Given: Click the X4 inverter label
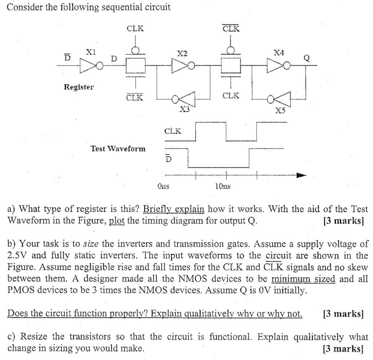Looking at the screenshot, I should (279, 53).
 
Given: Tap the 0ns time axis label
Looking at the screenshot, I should (164, 186).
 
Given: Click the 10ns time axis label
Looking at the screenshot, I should (223, 186).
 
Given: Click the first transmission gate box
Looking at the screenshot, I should (136, 66).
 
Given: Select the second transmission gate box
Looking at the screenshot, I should (231, 66).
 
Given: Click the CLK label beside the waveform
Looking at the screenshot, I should (173, 131).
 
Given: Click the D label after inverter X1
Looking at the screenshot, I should (114, 58).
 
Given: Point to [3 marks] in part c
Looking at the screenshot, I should (343, 348).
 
